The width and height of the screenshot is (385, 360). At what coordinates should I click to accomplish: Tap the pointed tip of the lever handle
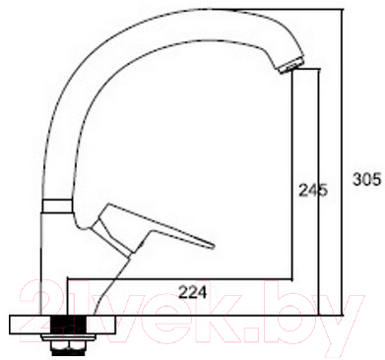211,241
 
